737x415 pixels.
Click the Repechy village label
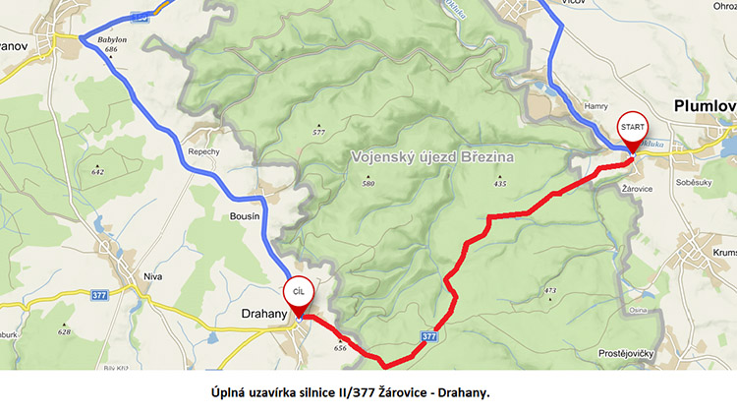point(202,152)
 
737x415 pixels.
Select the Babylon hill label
point(113,39)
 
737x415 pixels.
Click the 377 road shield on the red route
point(429,336)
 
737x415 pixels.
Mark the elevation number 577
point(318,132)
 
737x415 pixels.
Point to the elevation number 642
point(97,171)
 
